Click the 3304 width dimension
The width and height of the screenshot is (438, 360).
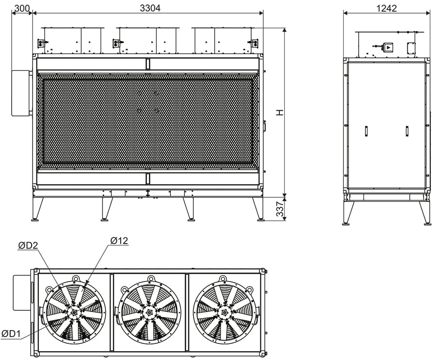pos(150,8)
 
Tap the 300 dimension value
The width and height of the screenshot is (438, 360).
pos(22,8)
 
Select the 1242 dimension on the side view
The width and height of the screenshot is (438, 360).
pos(386,8)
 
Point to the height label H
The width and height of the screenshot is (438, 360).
pos(280,112)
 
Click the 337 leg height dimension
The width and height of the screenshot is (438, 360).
pos(280,209)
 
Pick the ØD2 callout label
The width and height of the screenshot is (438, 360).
pos(28,246)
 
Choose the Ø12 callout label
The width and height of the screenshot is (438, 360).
pos(119,241)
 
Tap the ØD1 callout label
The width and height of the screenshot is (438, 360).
pos(11,333)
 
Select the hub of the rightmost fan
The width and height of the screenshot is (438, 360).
pos(224,312)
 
